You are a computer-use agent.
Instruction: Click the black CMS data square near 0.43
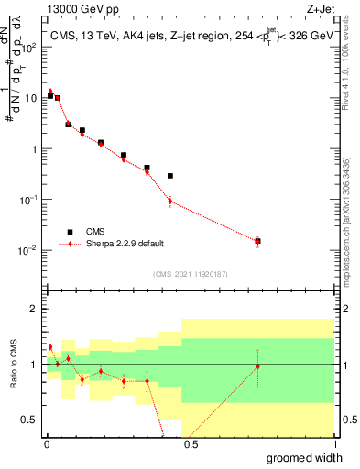(170, 176)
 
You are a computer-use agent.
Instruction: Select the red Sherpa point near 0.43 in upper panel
(170, 201)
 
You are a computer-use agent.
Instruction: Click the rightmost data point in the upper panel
(257, 241)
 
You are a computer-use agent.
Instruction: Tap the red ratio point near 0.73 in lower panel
(257, 366)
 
